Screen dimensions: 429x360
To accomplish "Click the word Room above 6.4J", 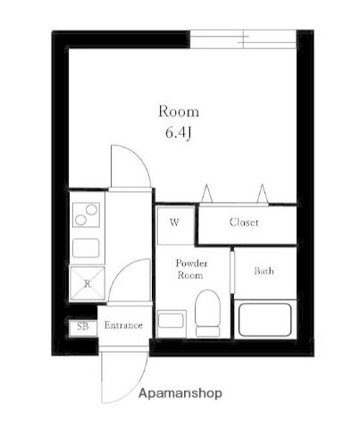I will point(179,112).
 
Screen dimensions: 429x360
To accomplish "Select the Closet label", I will point(244,223).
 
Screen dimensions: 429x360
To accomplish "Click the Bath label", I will point(264,271).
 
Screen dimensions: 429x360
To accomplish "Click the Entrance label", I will point(123,325).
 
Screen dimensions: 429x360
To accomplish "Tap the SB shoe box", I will point(81,326).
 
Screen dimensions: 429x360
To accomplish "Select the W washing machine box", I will point(175,224).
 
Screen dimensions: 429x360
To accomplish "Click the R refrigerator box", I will point(88,283).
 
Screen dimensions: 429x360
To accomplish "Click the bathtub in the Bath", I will point(264,320).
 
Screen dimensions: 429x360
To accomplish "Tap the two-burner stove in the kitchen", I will point(87,215).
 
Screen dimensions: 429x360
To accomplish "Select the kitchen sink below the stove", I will point(87,247).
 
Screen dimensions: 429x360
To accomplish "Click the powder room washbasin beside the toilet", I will point(172,320).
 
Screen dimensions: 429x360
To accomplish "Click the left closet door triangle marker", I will point(207,192).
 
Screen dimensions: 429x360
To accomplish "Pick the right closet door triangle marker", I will point(263,192).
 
